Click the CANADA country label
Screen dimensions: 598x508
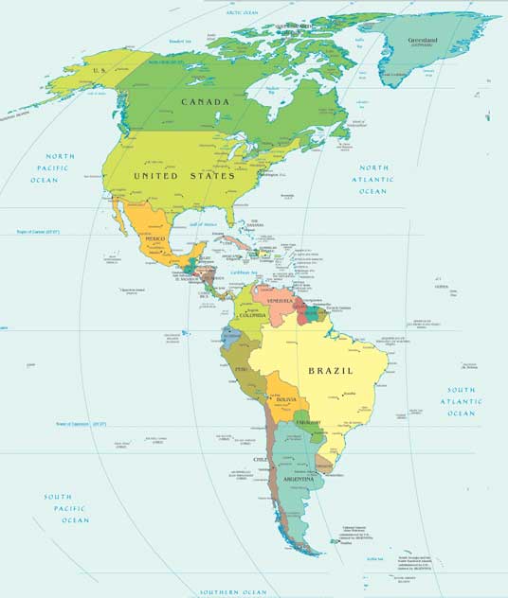(206, 101)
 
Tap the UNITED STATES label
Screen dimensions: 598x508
(184, 176)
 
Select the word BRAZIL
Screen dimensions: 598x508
(329, 371)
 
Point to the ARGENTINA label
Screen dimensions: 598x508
(300, 480)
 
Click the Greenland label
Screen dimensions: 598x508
(424, 42)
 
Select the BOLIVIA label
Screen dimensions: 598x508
(287, 400)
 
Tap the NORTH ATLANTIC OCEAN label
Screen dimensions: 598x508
(373, 180)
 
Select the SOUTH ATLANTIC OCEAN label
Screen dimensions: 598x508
(462, 401)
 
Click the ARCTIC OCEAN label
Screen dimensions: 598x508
(242, 13)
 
